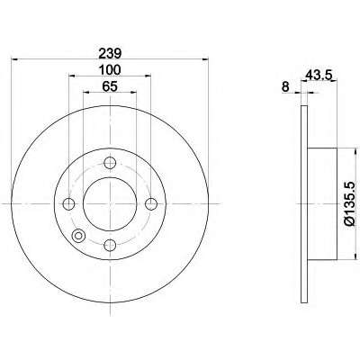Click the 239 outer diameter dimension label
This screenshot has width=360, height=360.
[110, 54]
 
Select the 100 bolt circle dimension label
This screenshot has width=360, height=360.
[110, 70]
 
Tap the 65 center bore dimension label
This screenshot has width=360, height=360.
[110, 86]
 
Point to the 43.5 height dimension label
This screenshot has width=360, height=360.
[319, 75]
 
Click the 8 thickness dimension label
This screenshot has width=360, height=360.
[285, 87]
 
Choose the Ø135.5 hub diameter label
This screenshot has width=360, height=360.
[350, 203]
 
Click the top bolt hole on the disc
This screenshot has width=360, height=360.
[110, 163]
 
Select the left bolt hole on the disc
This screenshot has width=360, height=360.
[69, 204]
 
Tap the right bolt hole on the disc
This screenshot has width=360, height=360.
[151, 204]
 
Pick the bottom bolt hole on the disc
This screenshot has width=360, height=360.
[110, 245]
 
